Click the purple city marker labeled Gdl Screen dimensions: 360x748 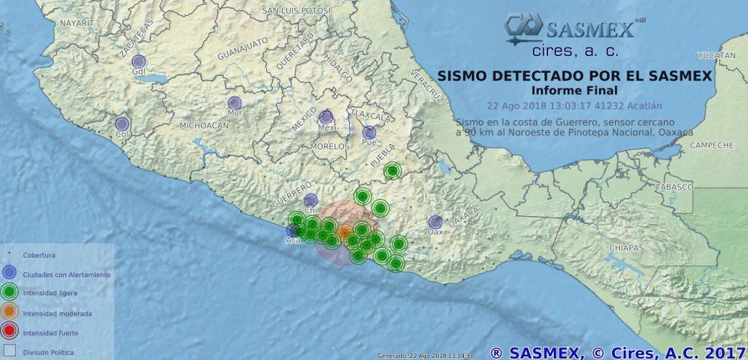click(x=139, y=61)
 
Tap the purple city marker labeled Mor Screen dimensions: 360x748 click(x=234, y=103)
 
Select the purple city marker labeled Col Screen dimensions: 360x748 click(x=122, y=124)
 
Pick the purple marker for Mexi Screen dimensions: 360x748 click(x=326, y=116)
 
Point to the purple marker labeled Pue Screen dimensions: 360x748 click(x=369, y=132)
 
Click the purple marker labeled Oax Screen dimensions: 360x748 click(x=435, y=222)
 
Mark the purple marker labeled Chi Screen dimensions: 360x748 click(x=310, y=200)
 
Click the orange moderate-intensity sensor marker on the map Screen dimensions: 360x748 click(x=345, y=231)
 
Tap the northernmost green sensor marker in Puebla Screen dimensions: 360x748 click(x=393, y=171)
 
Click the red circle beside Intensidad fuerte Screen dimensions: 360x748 click(x=9, y=333)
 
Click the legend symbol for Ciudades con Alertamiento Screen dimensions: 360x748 click(x=9, y=274)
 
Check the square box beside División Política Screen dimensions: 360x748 click(x=9, y=352)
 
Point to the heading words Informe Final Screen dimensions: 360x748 click(x=574, y=90)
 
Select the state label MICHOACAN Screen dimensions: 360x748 click(x=204, y=126)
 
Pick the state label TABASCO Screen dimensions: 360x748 click(x=674, y=187)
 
